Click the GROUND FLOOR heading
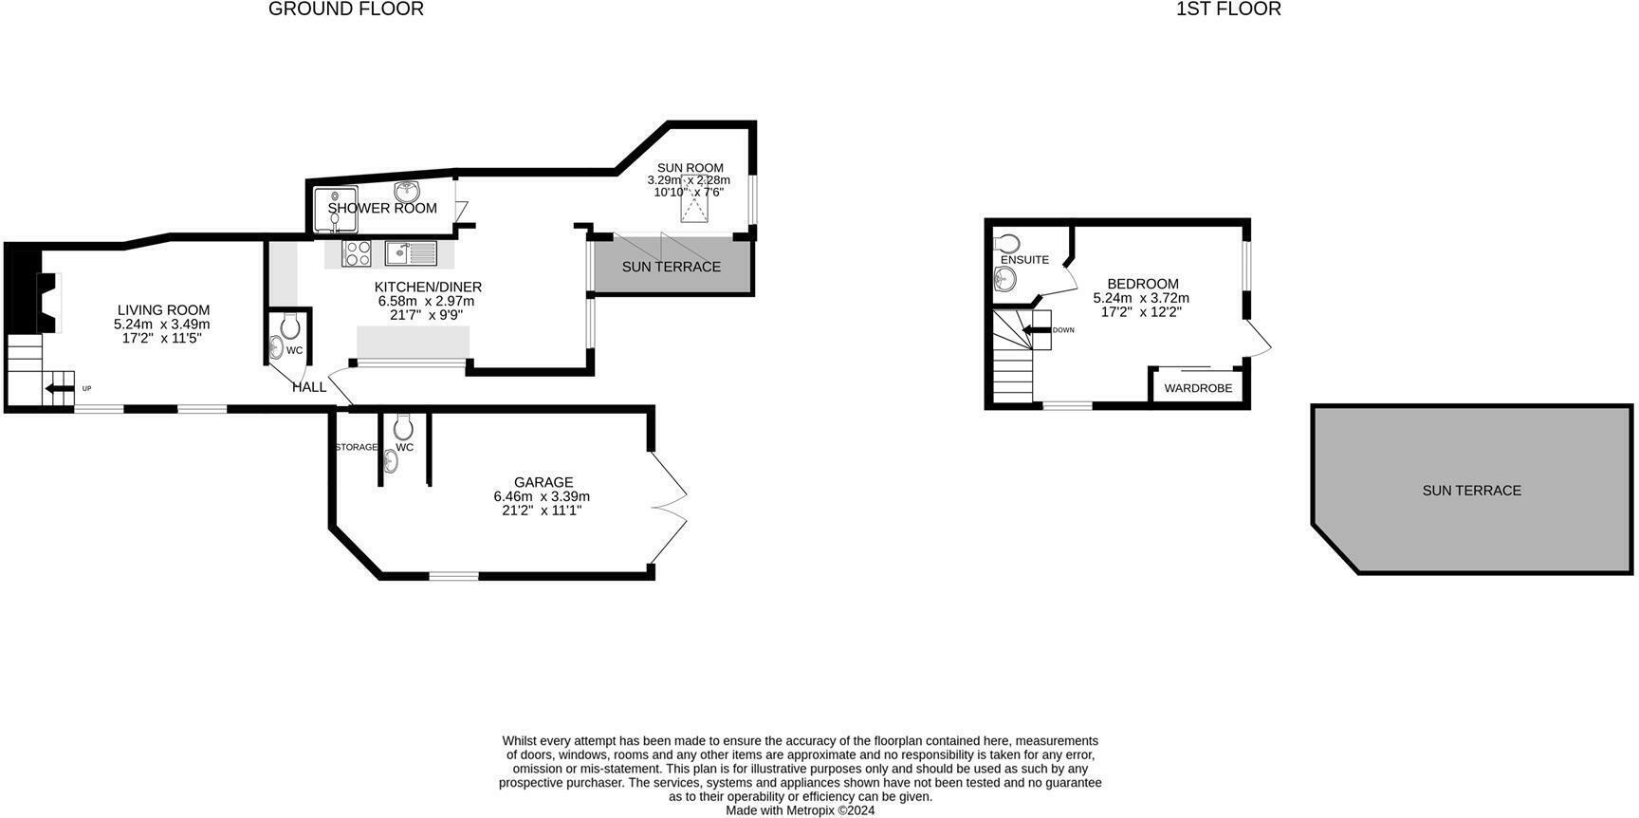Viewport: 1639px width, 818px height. tap(345, 9)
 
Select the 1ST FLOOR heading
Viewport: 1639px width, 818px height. tap(1227, 9)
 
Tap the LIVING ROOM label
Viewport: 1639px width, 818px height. tap(163, 310)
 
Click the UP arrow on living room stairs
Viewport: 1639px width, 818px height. tap(61, 388)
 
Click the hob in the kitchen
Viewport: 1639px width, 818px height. tap(357, 253)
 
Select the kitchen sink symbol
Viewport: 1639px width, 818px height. tap(410, 253)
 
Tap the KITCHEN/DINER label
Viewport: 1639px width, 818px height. tap(428, 288)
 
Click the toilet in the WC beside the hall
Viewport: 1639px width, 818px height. tap(289, 327)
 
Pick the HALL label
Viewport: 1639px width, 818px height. tap(309, 387)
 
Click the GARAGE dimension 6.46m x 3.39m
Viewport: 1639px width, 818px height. tap(542, 496)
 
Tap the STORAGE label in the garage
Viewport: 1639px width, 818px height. tap(356, 447)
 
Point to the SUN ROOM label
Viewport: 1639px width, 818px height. tap(690, 168)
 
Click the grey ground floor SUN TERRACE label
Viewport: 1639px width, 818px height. tap(671, 267)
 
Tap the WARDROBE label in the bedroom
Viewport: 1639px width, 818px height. tap(1198, 388)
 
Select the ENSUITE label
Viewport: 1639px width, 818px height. tap(1024, 260)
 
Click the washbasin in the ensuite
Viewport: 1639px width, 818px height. tap(1005, 279)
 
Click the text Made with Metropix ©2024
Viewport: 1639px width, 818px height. tap(800, 810)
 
